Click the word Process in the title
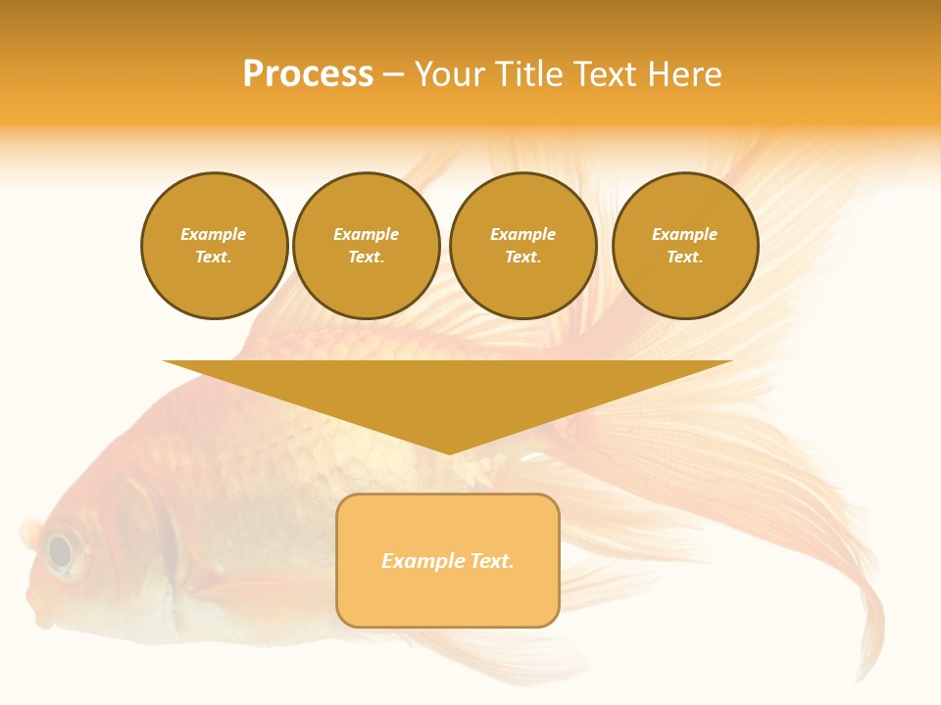[308, 74]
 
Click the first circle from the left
[214, 246]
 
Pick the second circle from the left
[366, 246]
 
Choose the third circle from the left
[522, 246]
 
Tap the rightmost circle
[684, 246]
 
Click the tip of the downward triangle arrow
[449, 452]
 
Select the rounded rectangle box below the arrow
[448, 560]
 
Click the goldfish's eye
[61, 552]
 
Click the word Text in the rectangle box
[492, 561]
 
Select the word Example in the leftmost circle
[214, 234]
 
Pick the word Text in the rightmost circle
[684, 258]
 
